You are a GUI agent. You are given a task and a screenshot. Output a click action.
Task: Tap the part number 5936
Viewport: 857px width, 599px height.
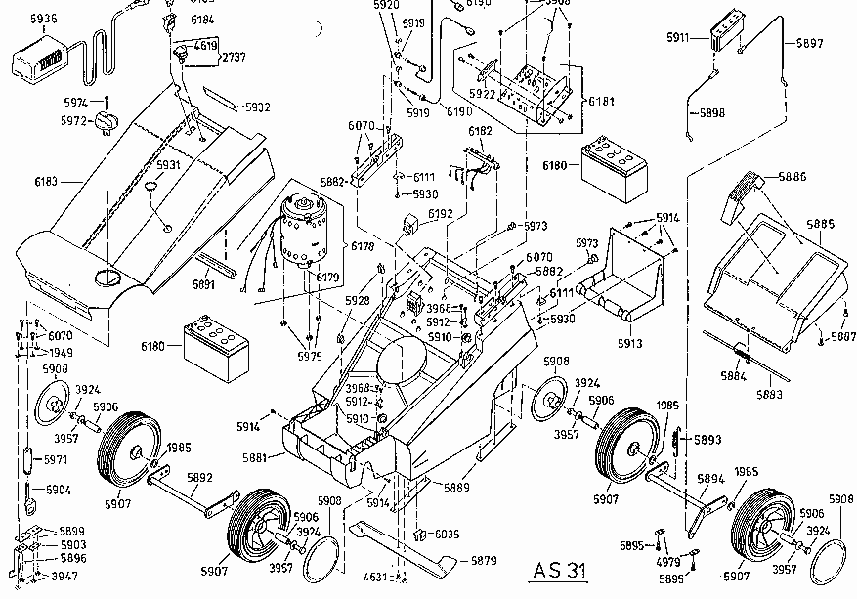(x=44, y=19)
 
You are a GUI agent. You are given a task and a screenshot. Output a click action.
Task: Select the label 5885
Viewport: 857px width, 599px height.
(x=820, y=225)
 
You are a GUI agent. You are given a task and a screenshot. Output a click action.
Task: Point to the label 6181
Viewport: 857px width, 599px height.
(x=602, y=101)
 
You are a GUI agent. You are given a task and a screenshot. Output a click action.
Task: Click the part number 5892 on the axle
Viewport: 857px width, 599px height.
(x=199, y=479)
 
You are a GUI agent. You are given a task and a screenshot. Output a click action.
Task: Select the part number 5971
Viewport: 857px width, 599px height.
(x=56, y=458)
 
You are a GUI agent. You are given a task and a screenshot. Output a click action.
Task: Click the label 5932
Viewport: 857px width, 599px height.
(x=257, y=107)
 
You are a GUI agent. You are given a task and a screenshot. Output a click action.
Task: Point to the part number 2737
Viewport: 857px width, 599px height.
(x=234, y=57)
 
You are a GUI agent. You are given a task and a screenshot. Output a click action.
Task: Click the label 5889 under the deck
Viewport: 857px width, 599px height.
(x=456, y=487)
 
